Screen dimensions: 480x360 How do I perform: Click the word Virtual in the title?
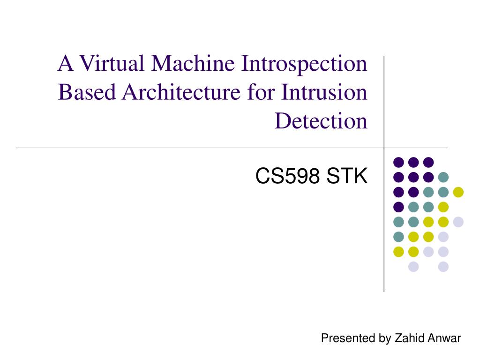click(112, 63)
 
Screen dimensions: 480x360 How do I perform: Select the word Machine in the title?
click(193, 63)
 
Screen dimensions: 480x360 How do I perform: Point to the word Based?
click(87, 92)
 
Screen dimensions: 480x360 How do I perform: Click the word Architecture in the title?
click(181, 92)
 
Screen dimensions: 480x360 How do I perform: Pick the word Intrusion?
click(324, 92)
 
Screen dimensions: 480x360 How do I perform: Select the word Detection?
click(321, 120)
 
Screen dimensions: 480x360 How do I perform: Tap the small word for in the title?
click(261, 92)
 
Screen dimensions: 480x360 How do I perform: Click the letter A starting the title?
click(66, 63)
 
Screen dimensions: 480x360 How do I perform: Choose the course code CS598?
click(287, 176)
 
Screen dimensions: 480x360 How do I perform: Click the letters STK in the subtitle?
click(347, 176)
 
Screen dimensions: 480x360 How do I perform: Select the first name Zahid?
click(409, 338)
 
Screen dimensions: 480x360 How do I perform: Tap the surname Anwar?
click(444, 338)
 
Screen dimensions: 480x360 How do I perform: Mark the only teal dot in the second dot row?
click(443, 177)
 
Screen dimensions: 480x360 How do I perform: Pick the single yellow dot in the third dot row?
click(458, 192)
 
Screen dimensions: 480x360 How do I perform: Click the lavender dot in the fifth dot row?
click(458, 222)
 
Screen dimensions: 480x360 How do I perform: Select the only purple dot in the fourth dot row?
click(398, 207)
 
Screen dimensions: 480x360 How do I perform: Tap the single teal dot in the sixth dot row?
click(398, 237)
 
